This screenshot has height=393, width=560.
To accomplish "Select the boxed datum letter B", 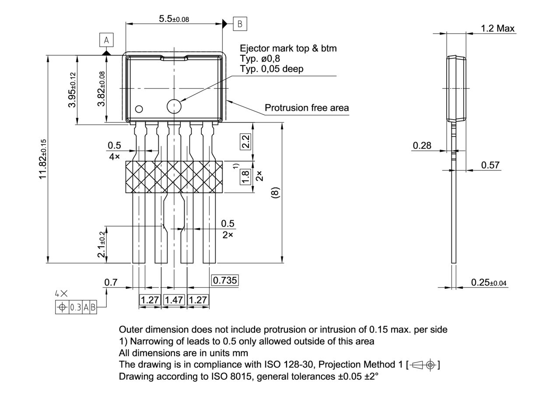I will tap(240, 24).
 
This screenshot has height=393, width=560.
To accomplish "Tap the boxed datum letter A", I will tap(106, 41).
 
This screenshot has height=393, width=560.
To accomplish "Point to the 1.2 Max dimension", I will tap(497, 28).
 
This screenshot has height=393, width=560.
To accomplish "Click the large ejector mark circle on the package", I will tap(174, 106).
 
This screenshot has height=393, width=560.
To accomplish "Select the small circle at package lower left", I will tap(139, 109).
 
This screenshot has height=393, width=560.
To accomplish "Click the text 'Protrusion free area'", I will tap(307, 108).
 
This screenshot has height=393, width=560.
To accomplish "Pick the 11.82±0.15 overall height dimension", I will tap(42, 159).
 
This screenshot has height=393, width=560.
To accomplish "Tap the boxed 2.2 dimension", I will tap(246, 142).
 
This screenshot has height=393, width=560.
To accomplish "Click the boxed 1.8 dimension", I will tap(246, 176).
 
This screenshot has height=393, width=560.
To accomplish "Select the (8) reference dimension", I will tap(275, 193).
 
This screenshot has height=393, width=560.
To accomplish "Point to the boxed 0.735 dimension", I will tap(225, 280).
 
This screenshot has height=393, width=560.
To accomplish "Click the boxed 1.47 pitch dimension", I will tap(174, 300).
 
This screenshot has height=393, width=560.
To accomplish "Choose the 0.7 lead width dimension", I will tap(111, 283).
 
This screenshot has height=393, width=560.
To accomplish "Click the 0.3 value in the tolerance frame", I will tap(76, 308).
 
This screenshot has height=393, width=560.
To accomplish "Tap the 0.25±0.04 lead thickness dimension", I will tap(489, 283).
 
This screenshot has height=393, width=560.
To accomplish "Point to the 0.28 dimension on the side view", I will tap(422, 145).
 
